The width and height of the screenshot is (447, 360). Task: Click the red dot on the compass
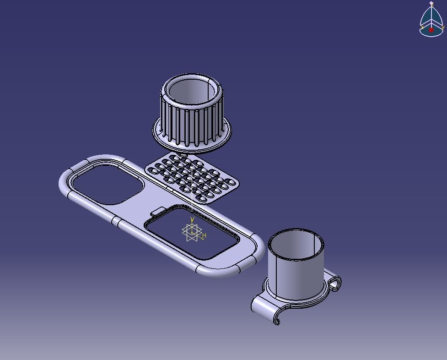(x=431, y=30)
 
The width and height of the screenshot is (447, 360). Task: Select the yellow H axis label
(x=205, y=236)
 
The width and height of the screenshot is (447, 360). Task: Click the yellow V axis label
(x=192, y=220)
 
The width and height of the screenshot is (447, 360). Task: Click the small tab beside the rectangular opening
(x=158, y=211)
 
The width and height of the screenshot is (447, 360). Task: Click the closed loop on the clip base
(x=335, y=283)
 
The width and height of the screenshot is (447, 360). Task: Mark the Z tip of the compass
(x=431, y=4)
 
